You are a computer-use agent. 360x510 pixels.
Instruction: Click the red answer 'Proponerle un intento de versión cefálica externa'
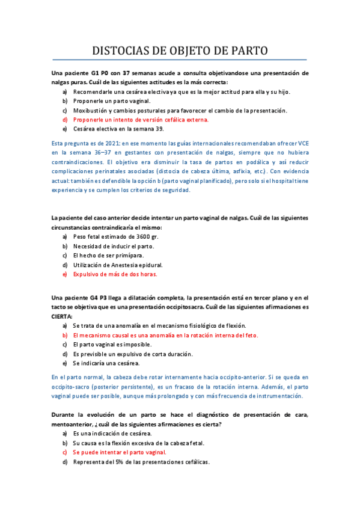(141, 120)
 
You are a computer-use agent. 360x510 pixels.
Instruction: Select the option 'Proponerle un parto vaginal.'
(112, 101)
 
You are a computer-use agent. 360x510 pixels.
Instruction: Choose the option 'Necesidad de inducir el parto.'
(114, 246)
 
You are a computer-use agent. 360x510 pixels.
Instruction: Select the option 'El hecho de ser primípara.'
(109, 256)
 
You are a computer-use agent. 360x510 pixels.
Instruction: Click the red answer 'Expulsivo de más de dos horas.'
(115, 274)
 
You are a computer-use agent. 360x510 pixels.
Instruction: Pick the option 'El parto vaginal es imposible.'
(112, 345)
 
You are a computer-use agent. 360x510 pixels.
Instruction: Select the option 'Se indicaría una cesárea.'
(106, 363)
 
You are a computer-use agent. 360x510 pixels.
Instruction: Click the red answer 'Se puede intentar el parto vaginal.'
(119, 452)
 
